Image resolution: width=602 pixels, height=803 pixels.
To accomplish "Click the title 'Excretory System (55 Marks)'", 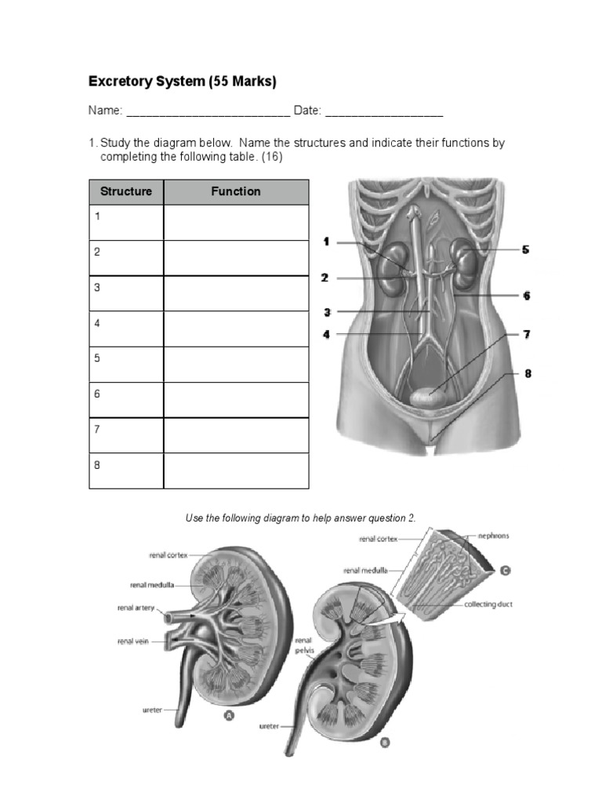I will pos(182,82).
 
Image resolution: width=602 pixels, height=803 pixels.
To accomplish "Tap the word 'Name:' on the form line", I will pos(105,111).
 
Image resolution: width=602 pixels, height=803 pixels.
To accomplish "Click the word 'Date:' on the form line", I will pos(307,111).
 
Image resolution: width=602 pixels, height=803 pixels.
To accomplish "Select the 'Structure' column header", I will pos(126,191).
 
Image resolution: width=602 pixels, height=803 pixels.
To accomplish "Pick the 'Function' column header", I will pos(236,191).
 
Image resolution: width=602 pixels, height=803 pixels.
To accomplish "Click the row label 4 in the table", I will pos(97,322).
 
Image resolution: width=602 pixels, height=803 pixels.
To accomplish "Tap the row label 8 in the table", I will pos(97,464).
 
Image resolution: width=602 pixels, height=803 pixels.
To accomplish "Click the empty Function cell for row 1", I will pos(236,223).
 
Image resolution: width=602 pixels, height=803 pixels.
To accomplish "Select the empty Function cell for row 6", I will pos(236,400).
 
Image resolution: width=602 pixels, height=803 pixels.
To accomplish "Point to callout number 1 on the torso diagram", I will pos(326,242).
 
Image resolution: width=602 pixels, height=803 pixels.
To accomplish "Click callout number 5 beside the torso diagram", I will pos(525,249).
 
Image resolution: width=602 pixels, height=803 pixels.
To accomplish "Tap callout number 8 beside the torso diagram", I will pos(528,373).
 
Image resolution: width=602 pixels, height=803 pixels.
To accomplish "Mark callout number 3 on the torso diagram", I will pos(327,312).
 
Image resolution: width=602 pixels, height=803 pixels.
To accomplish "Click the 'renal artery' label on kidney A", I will pos(136,607).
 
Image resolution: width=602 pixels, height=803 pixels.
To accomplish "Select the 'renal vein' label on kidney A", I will pos(134,641).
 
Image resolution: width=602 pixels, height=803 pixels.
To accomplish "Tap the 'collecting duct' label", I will pos(488,605).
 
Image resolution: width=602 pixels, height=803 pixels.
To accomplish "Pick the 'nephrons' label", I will pos(493,536).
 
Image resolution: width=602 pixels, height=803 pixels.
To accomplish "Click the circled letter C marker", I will pos(506,571).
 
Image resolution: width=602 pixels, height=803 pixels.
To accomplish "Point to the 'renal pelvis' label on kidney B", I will pos(303,645).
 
